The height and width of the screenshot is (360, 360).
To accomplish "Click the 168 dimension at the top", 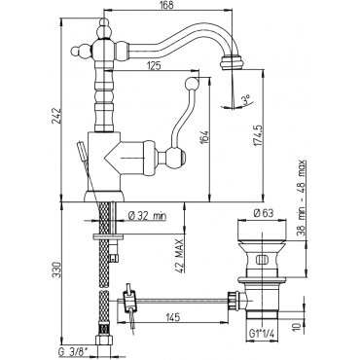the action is click(166, 5).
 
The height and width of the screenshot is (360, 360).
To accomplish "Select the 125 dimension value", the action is click(154, 66).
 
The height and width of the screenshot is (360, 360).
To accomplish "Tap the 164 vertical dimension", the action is click(204, 138).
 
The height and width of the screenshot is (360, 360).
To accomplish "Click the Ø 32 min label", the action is click(147, 216).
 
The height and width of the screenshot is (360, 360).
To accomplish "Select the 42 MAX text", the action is click(180, 256).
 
